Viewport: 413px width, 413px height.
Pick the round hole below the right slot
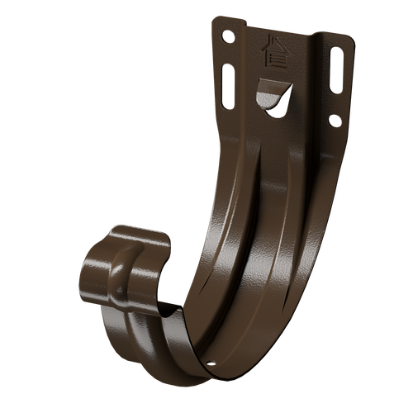coord(334,121)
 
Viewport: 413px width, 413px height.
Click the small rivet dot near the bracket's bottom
coord(212,360)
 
